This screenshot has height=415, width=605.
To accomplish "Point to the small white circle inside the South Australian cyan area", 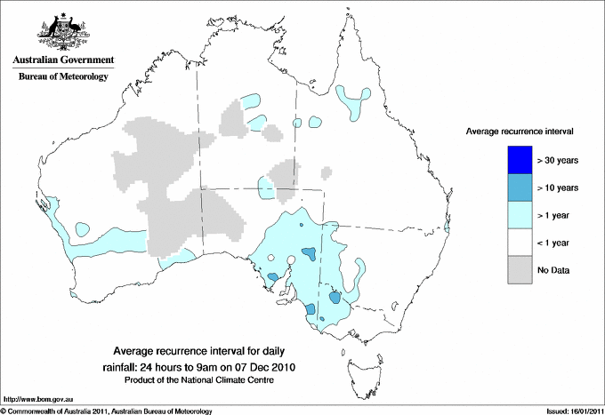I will (290, 262).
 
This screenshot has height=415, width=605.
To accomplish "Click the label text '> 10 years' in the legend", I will (559, 188).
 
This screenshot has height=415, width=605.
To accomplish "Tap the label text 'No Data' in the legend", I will (553, 270).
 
